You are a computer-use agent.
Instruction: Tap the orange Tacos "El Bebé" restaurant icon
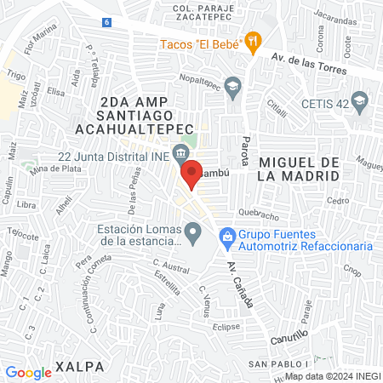[252, 40]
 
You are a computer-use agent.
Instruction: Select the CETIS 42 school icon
[359, 100]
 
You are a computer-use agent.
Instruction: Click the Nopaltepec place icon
[234, 83]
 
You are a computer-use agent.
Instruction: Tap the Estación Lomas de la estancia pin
[194, 229]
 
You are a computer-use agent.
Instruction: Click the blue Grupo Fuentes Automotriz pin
[227, 234]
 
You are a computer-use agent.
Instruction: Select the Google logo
[29, 372]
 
